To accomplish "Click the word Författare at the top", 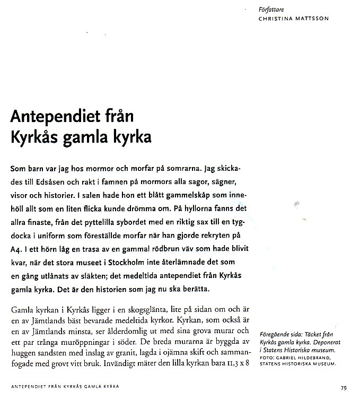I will click(270, 10).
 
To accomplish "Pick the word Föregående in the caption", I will click(277, 335).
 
